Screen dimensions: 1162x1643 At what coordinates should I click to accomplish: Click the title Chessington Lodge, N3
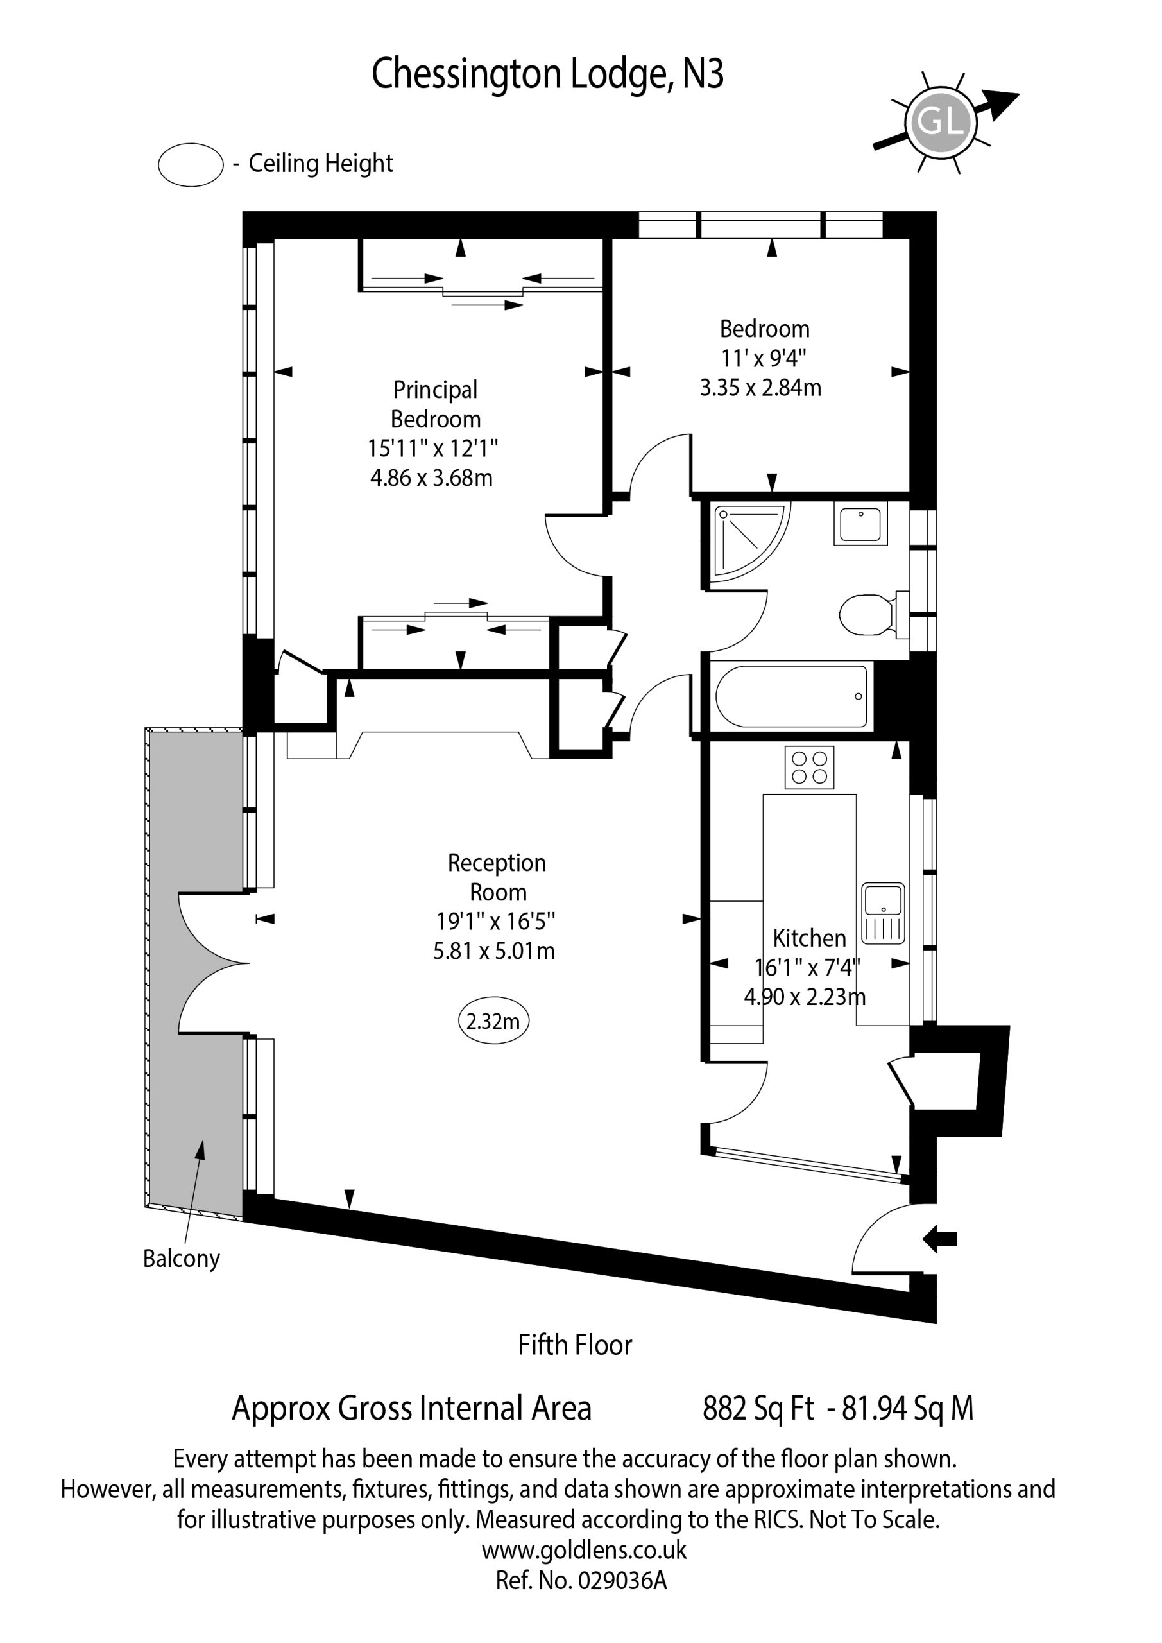click(547, 75)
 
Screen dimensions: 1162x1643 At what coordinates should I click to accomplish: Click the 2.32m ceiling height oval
click(493, 1020)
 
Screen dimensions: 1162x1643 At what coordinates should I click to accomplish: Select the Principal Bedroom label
click(435, 404)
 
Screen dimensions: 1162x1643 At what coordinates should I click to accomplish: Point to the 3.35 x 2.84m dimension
click(760, 388)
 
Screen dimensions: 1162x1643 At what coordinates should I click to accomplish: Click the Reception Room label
click(497, 877)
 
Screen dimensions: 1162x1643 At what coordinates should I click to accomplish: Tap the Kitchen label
click(809, 938)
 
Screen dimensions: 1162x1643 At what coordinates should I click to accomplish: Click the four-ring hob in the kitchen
click(809, 767)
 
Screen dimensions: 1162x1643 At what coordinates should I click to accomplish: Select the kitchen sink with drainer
click(884, 913)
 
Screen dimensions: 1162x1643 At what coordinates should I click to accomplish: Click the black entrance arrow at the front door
click(940, 1239)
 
